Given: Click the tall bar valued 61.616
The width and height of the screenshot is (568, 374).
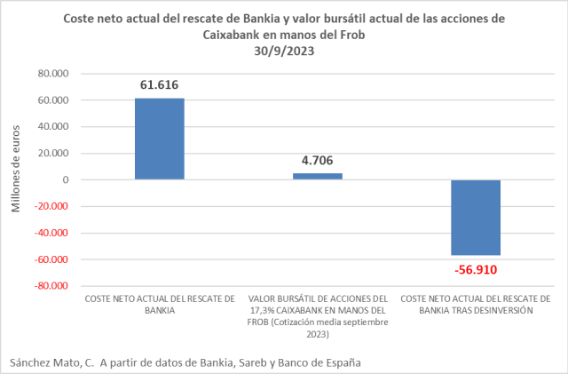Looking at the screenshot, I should point(160,139).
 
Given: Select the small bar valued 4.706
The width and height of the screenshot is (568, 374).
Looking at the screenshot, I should point(318,176).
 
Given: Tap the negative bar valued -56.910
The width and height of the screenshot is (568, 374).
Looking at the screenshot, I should point(476,218).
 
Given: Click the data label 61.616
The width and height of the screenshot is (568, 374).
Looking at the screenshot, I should point(160,85).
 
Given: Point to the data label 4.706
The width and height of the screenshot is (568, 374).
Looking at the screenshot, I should point(318,161).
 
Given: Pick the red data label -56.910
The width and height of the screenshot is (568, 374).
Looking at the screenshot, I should point(476,269).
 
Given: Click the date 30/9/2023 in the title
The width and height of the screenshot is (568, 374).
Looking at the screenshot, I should point(284,51).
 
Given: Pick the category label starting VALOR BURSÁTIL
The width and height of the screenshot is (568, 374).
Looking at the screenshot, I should point(318,311).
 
